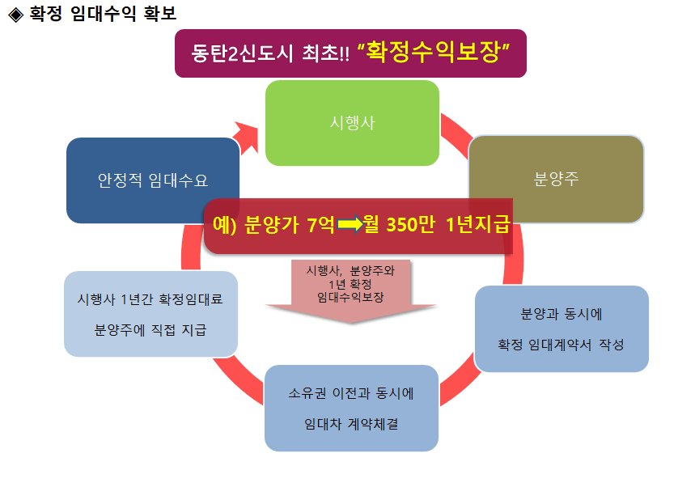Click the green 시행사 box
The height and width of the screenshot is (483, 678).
click(x=352, y=122)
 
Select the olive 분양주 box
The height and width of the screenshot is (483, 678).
click(x=556, y=179)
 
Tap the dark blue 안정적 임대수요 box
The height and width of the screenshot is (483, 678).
click(x=153, y=180)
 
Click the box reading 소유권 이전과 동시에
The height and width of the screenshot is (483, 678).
click(x=351, y=396)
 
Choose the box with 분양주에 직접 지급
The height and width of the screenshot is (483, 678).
click(x=150, y=329)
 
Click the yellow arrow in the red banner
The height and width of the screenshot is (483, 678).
click(x=350, y=226)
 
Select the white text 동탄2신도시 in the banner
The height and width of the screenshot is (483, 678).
click(x=228, y=54)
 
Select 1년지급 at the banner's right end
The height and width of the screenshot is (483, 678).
click(x=477, y=226)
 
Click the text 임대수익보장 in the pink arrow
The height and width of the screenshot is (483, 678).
click(x=350, y=297)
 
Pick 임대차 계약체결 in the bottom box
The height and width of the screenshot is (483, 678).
click(x=351, y=424)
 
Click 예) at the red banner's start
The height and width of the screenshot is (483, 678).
click(x=224, y=226)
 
